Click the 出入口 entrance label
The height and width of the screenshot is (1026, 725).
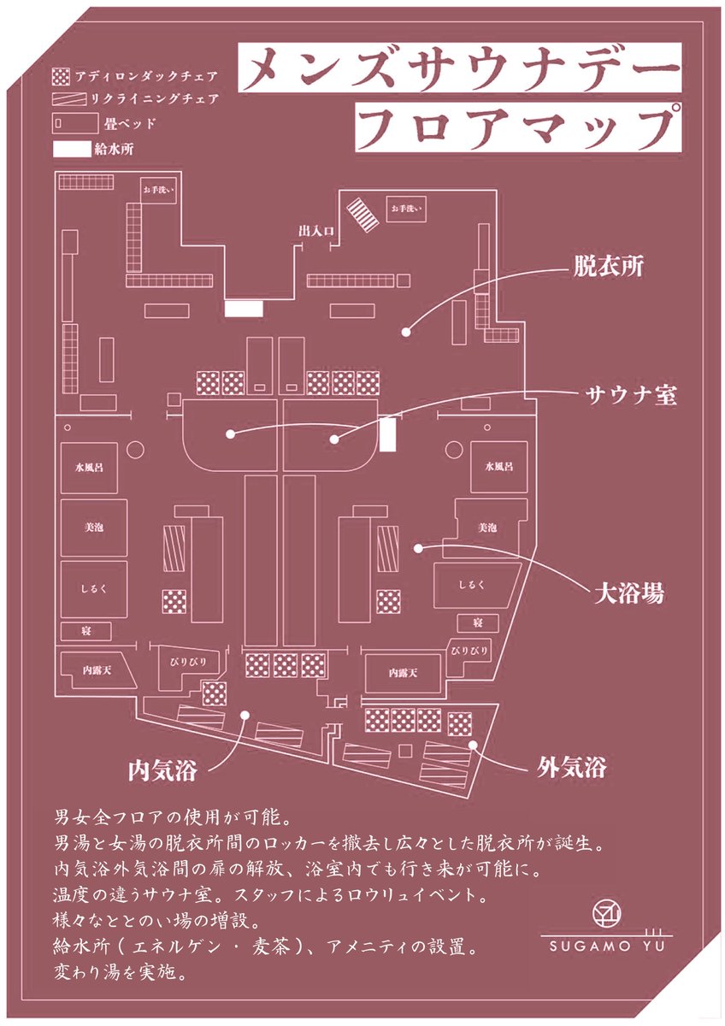tap(316, 231)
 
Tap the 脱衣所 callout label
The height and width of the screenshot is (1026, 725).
tap(609, 267)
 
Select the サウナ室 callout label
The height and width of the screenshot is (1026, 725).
tap(631, 394)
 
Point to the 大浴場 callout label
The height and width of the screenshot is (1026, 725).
tap(629, 593)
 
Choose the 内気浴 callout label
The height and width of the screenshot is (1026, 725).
tap(162, 770)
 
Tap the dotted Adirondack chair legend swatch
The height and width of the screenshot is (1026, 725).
tap(62, 76)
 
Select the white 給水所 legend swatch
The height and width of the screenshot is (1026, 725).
tap(72, 150)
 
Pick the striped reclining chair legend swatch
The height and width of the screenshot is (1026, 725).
tap(70, 99)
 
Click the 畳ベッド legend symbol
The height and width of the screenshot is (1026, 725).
tap(75, 124)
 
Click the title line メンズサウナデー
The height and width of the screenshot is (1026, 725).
tap(460, 68)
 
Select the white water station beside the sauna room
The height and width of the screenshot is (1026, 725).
tap(388, 434)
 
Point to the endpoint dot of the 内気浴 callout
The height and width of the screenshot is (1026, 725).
tap(245, 714)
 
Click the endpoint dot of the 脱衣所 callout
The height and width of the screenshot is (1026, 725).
tap(406, 332)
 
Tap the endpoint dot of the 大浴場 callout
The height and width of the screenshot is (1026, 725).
tap(418, 547)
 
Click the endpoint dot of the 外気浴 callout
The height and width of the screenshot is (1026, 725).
tap(473, 745)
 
